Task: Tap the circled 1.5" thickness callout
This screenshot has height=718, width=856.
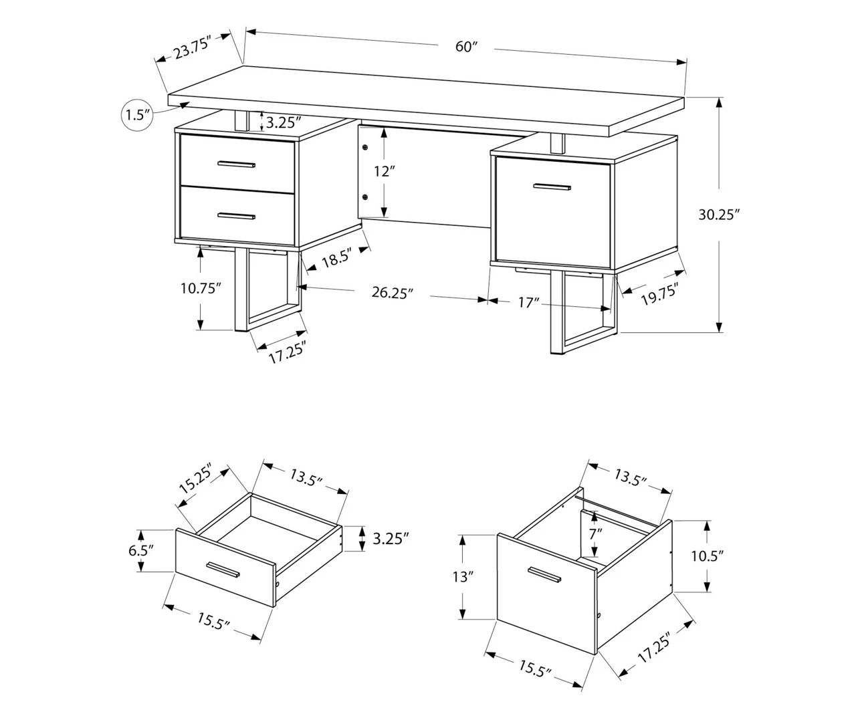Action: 136,114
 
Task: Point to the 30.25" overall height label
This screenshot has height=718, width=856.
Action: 719,215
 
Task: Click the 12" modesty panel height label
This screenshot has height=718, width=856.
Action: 382,171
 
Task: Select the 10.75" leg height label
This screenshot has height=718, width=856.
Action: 201,288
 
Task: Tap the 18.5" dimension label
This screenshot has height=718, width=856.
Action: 336,260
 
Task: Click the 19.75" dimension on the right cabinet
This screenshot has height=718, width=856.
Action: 659,294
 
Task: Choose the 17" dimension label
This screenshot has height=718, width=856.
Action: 528,303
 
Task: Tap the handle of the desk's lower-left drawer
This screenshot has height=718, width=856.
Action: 237,215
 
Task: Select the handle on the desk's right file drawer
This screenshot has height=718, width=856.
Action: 552,187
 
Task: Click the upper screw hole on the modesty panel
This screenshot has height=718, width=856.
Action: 365,147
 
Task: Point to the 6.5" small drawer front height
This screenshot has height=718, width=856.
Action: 140,550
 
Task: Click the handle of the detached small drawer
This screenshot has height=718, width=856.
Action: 223,568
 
